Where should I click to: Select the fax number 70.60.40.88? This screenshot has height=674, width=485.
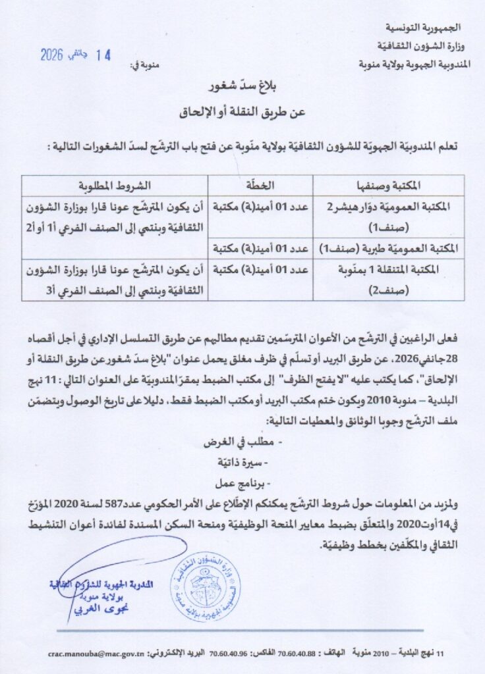300,654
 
